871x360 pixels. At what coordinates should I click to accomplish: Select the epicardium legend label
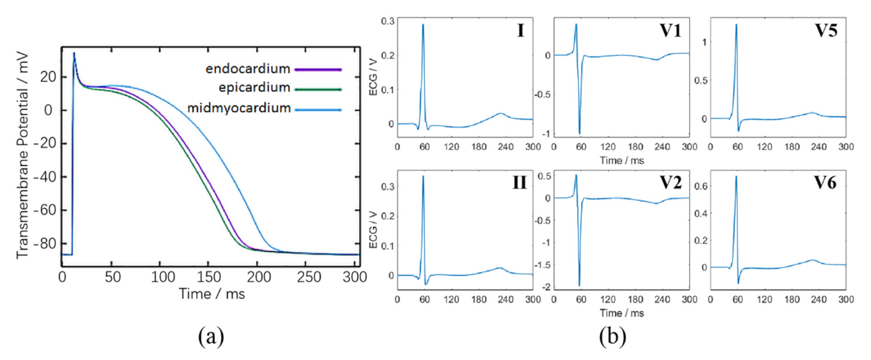point(254,87)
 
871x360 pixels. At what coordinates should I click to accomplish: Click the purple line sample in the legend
point(318,70)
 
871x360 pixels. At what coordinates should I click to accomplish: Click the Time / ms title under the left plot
point(212,294)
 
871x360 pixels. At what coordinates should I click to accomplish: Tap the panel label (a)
point(211,336)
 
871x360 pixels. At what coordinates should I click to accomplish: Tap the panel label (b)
point(613,336)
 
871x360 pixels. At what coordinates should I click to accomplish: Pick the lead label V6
point(825,183)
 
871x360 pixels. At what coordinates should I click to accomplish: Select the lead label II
point(519,183)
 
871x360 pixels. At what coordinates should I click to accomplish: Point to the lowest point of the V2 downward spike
point(579,286)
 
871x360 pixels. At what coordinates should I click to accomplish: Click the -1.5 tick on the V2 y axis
point(543,265)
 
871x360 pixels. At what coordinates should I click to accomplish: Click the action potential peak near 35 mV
point(74,53)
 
